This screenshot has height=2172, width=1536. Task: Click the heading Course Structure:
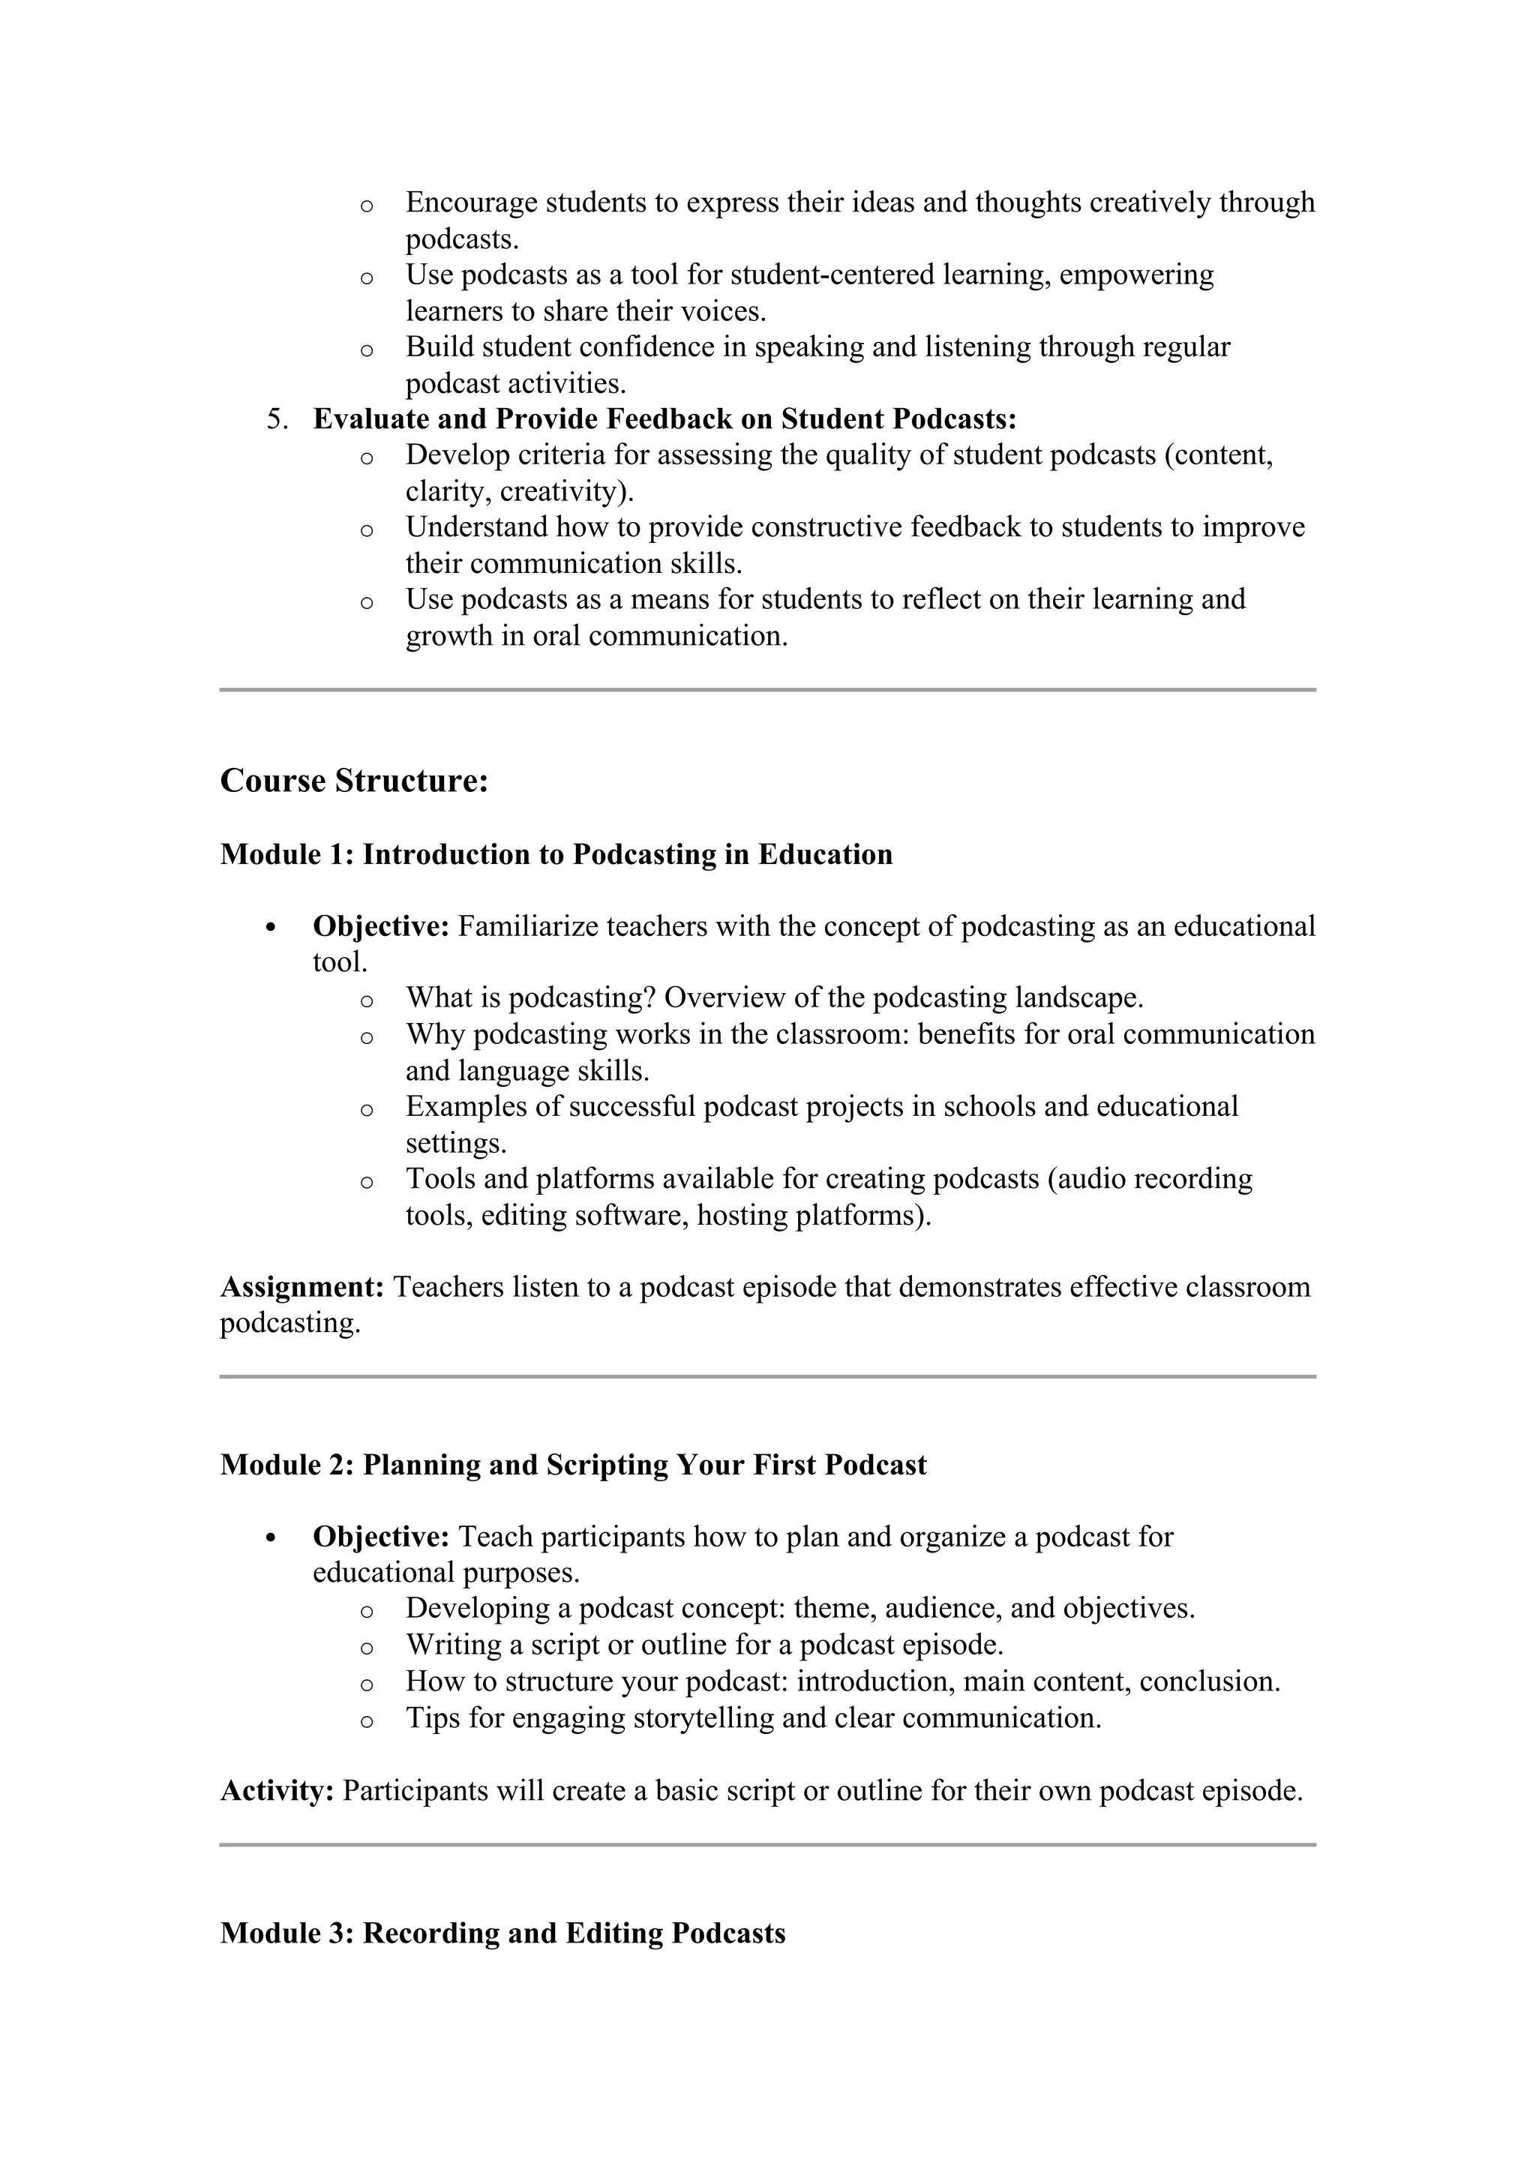click(354, 781)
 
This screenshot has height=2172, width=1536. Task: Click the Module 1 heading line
click(556, 854)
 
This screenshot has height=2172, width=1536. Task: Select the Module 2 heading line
click(573, 1465)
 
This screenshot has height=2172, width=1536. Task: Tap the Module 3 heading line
click(502, 1933)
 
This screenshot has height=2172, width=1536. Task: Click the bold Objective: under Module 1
click(381, 926)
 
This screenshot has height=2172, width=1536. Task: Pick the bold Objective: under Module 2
click(381, 1536)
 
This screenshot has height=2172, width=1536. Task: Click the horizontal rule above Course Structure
click(767, 690)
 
